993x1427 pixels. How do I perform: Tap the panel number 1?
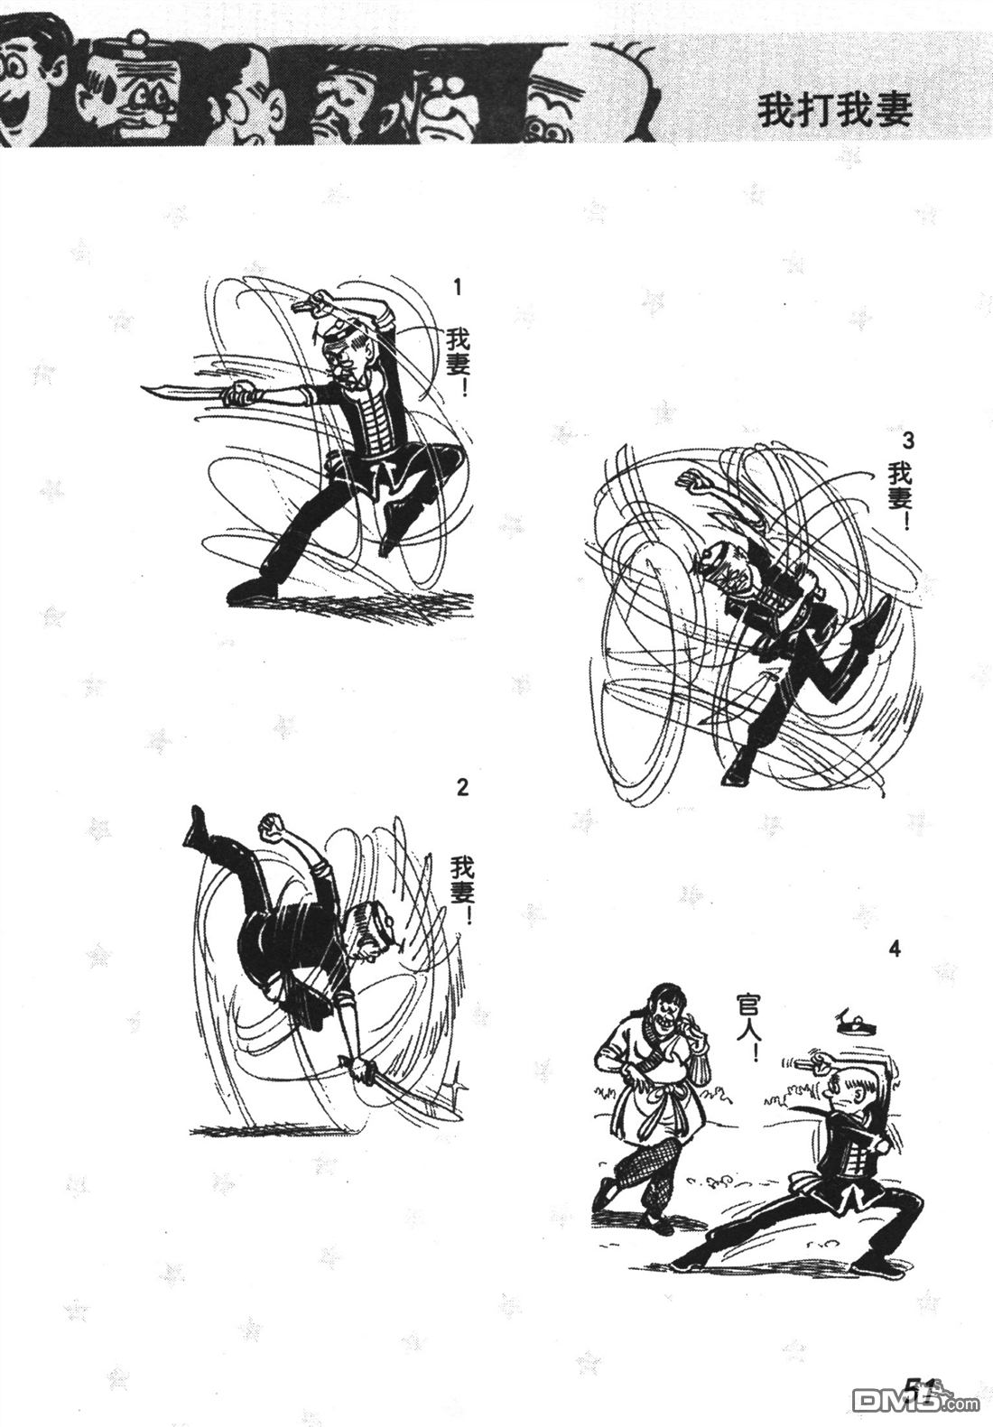455,288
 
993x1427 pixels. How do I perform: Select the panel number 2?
462,787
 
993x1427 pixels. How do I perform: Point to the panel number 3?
909,440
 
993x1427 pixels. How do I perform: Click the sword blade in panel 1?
181,393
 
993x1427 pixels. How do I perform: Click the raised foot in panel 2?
195,826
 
